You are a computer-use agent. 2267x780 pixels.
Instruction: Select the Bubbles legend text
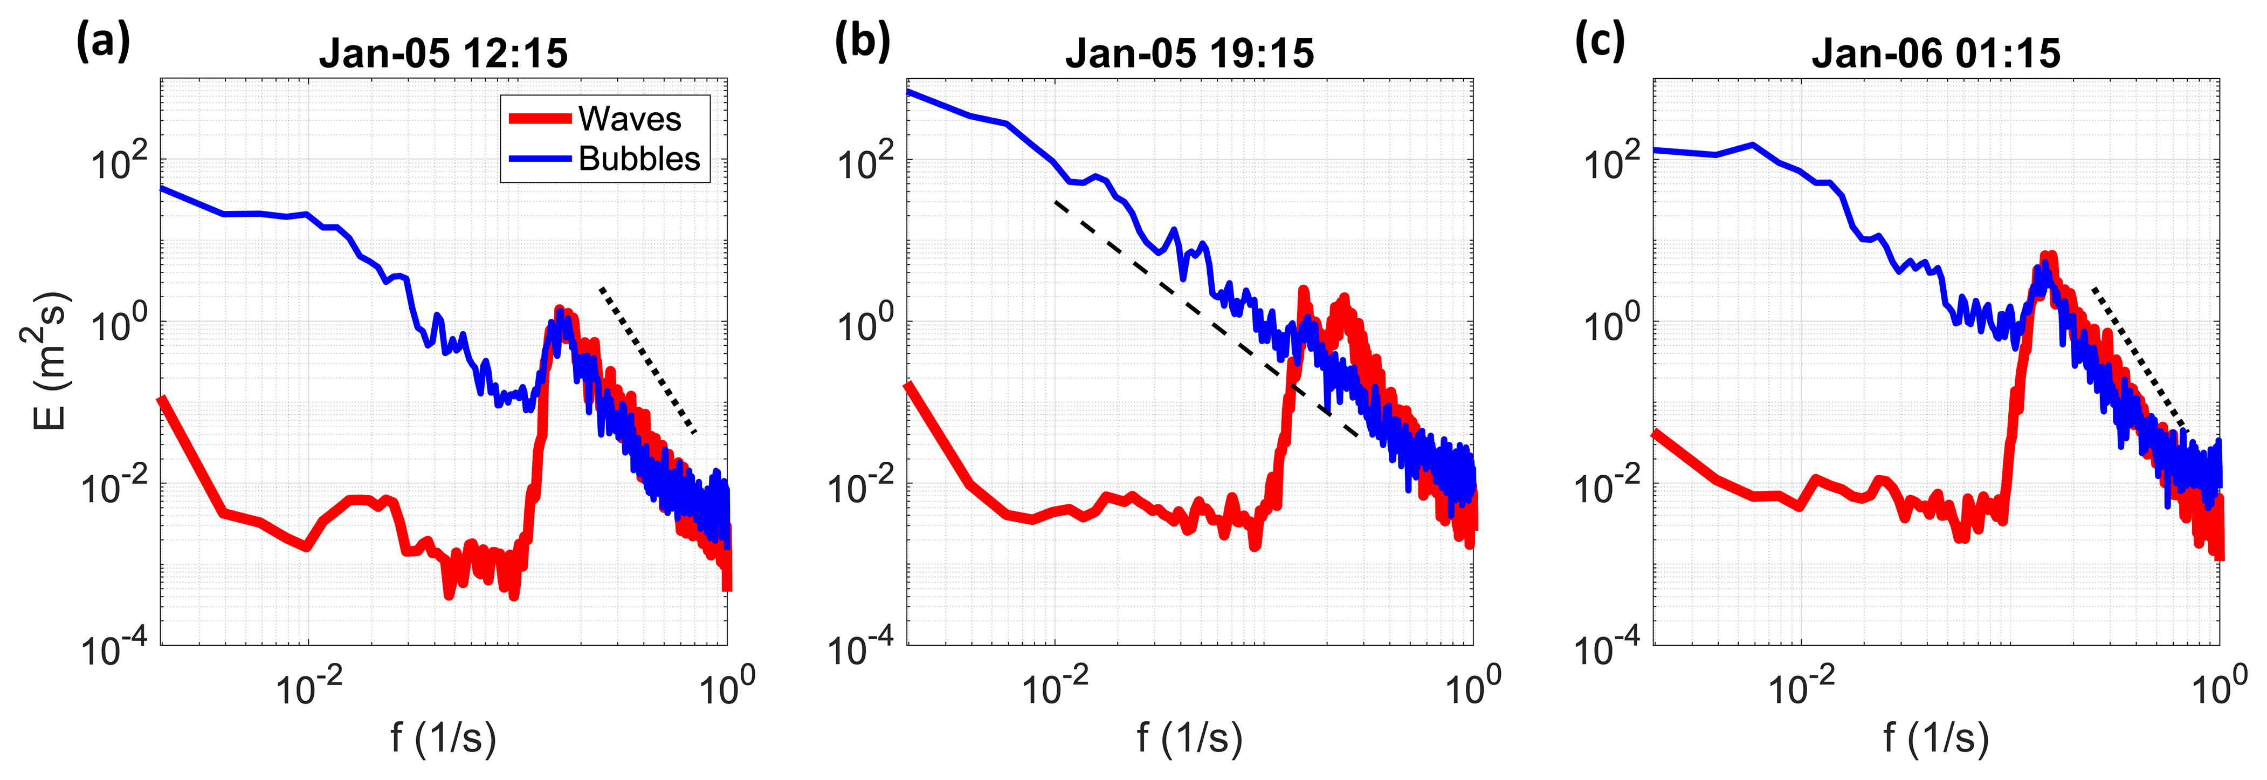tap(639, 159)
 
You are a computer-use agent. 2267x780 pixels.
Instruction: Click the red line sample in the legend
tap(540, 119)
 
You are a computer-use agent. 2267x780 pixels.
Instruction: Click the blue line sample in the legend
tap(540, 159)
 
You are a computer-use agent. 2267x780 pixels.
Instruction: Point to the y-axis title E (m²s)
tap(46, 361)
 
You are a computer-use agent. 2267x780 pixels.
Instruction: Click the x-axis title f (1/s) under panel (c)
tap(1935, 738)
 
